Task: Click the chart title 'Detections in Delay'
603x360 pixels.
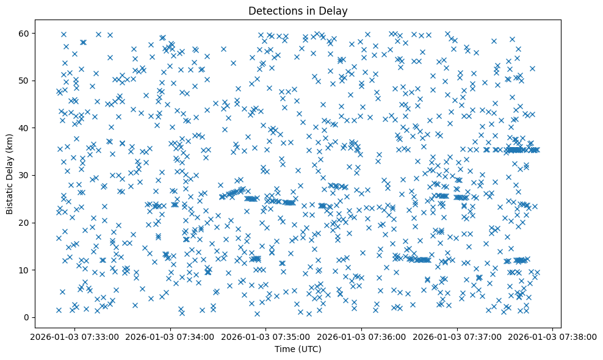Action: pyautogui.click(x=297, y=11)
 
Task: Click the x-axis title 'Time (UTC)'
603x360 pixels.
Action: pyautogui.click(x=297, y=350)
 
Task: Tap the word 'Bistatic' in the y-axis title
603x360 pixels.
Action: pyautogui.click(x=10, y=198)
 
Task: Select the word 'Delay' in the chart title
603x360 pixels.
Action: pyautogui.click(x=332, y=11)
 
